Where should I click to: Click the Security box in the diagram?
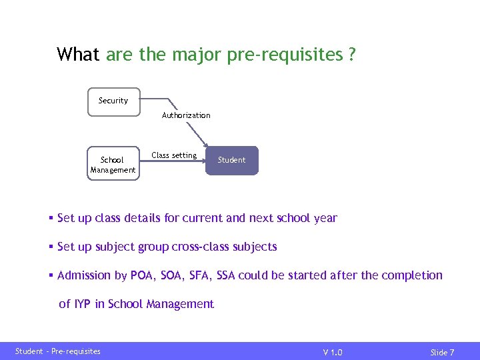click(114, 101)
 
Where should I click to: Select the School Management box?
click(113, 165)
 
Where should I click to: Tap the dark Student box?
click(231, 160)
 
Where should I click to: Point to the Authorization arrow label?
click(186, 115)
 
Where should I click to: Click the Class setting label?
click(174, 155)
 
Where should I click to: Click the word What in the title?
click(79, 55)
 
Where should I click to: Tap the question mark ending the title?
click(351, 55)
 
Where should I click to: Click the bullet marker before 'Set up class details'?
click(51, 219)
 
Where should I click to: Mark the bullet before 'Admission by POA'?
click(51, 276)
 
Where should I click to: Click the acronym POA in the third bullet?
click(143, 275)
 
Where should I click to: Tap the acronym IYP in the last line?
click(83, 304)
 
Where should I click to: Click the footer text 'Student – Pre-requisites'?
click(58, 351)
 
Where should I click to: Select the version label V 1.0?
click(333, 352)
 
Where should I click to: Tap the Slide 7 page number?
click(442, 352)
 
